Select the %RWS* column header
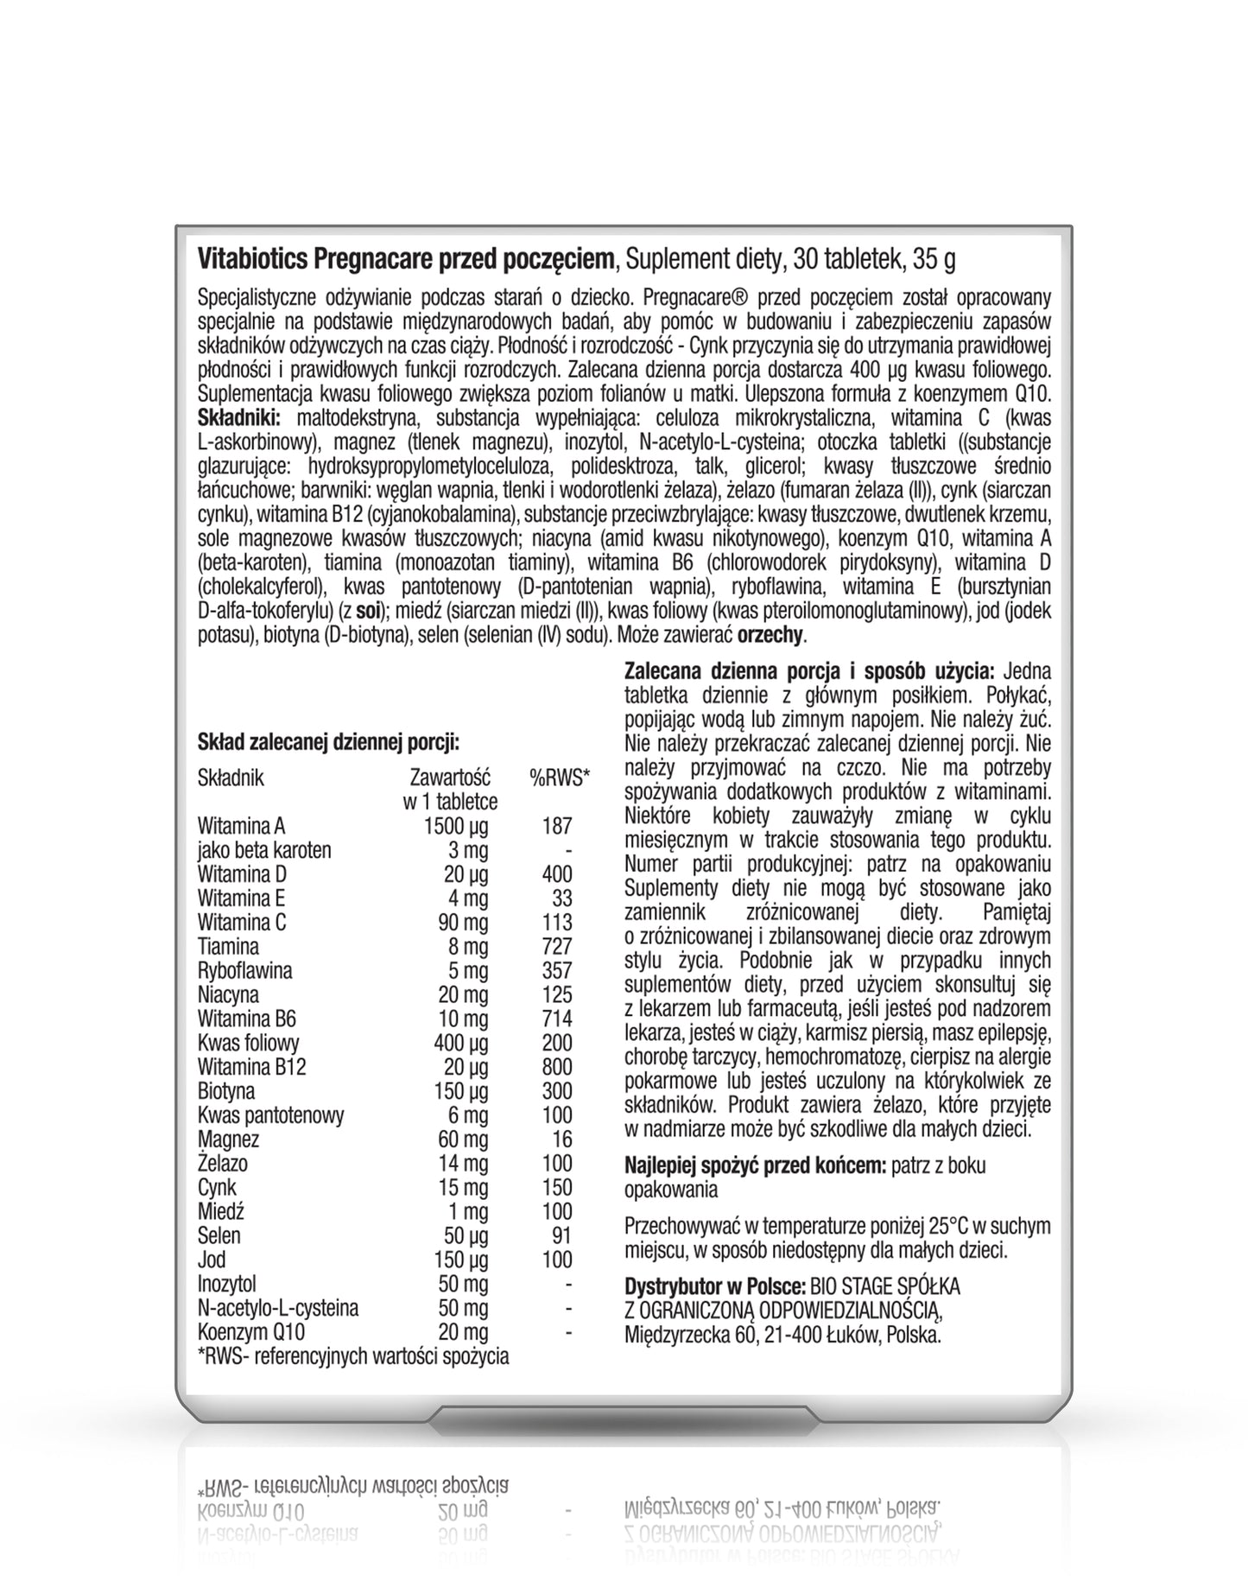click(559, 778)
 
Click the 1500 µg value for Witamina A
click(455, 826)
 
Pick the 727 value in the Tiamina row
click(557, 947)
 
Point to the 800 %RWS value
click(557, 1067)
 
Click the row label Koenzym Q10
click(250, 1332)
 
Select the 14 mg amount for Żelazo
click(462, 1164)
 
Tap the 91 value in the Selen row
click(561, 1235)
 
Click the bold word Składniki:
click(239, 419)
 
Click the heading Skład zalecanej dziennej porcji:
click(328, 742)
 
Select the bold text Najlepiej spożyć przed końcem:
click(755, 1165)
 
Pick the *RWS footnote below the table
click(353, 1356)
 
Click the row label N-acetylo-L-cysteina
click(277, 1308)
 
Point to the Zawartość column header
click(450, 778)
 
